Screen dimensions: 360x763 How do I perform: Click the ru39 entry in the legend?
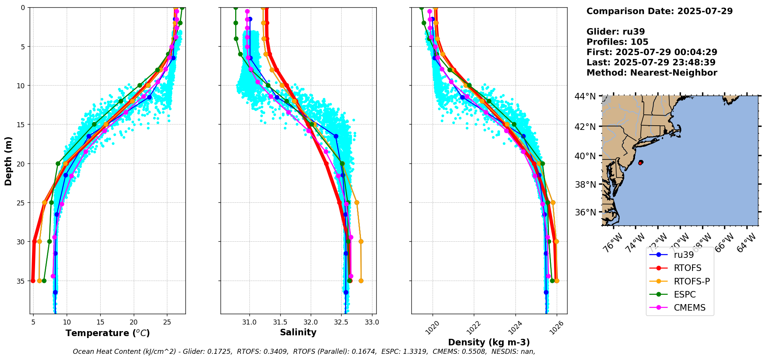(x=684, y=255)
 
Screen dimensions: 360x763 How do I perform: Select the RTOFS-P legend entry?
(x=692, y=281)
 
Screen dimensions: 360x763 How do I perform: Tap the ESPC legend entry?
(x=685, y=294)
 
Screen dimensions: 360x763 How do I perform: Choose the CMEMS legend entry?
(x=689, y=308)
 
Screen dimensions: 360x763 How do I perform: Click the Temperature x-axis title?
(x=108, y=333)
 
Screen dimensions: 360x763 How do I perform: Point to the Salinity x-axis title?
(x=298, y=332)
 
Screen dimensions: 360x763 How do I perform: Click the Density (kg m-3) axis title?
(x=489, y=342)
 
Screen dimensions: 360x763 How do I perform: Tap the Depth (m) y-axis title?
(x=8, y=161)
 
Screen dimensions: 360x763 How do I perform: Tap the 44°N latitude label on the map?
(x=585, y=96)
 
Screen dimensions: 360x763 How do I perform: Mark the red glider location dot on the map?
(x=640, y=163)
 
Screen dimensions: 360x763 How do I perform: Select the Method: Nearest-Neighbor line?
(x=652, y=73)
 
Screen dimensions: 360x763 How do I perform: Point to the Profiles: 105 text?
(x=617, y=42)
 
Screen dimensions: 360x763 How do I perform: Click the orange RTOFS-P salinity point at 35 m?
(x=361, y=281)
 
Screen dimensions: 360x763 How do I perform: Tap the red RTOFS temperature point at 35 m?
(x=33, y=281)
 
